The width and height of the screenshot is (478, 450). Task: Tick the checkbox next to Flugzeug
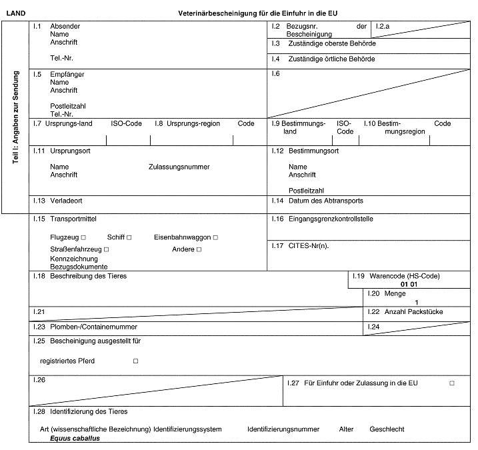83,237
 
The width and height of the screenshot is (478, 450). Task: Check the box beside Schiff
129,237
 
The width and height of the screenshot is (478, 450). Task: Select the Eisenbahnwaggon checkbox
215,237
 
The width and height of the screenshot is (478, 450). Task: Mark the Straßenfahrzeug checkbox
106,249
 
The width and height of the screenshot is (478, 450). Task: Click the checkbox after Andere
199,249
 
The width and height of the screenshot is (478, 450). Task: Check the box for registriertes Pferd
135,361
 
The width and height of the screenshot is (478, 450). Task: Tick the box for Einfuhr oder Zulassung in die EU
451,383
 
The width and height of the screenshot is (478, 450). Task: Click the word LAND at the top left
15,13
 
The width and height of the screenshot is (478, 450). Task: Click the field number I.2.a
383,27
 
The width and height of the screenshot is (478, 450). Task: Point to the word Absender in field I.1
65,27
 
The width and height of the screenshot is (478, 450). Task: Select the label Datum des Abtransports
326,200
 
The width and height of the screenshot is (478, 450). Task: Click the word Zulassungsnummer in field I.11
179,167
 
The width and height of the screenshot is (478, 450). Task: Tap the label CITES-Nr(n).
309,246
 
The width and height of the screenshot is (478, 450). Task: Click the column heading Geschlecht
387,429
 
